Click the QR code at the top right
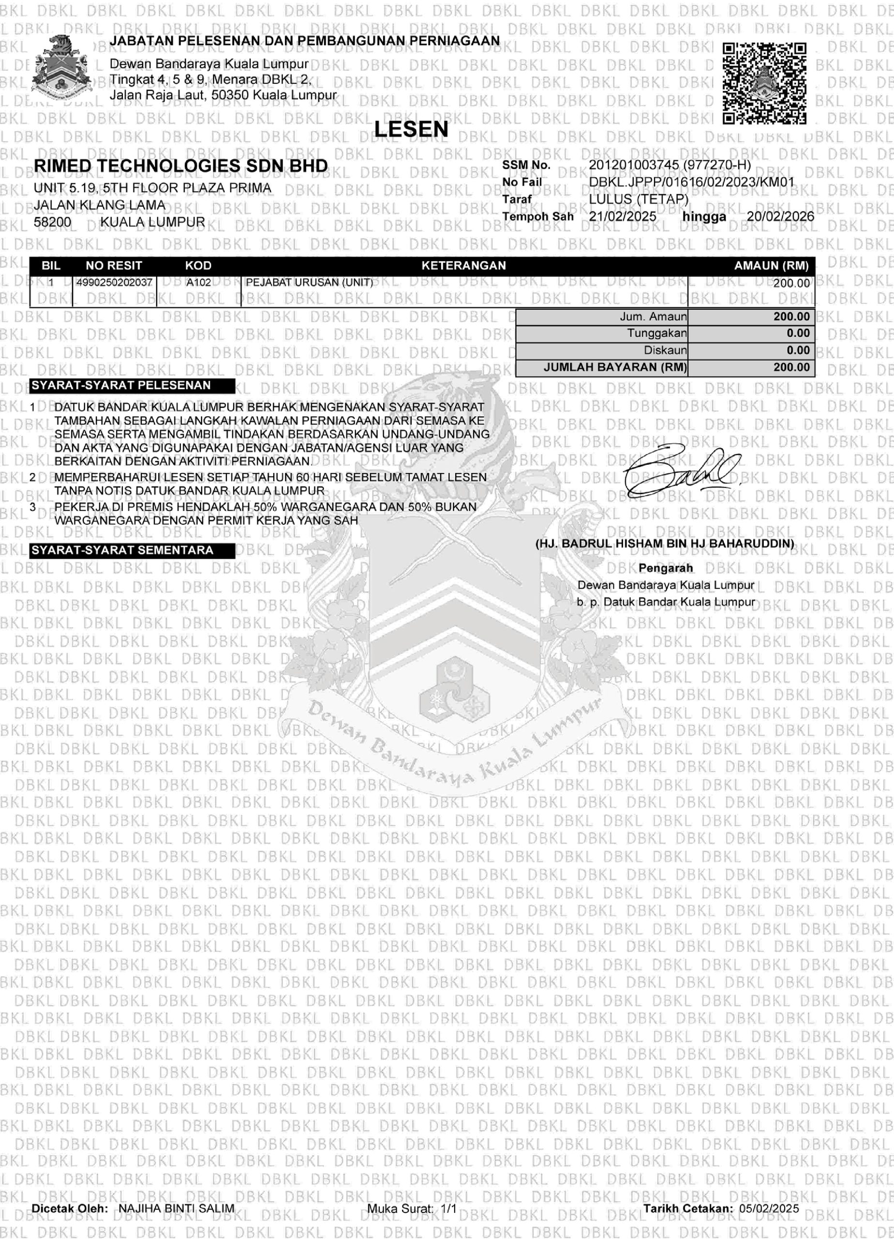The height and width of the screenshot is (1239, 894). coord(764,83)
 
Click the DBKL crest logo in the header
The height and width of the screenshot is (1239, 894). coord(60,68)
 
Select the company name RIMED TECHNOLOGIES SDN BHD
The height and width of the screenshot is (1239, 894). coord(181,166)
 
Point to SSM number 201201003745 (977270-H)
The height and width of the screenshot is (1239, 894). coord(670,165)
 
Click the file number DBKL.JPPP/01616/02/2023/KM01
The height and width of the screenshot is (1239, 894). coord(691,182)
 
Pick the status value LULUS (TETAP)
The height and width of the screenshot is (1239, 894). coord(639,199)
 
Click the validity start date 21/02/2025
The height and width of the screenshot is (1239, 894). coord(623,216)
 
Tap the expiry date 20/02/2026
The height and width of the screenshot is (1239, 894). coord(780,216)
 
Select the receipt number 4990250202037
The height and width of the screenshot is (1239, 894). coord(114,283)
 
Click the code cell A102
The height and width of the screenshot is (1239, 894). coord(198,283)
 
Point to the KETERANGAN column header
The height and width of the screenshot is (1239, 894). coord(463,266)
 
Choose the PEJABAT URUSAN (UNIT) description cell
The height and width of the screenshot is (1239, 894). coord(309,283)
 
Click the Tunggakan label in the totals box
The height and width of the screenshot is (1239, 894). coord(656,333)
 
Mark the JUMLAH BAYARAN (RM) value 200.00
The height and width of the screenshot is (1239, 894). coord(791,367)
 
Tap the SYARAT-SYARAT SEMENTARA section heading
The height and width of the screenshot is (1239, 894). coord(122,550)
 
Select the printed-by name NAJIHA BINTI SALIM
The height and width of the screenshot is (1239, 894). coord(177,1209)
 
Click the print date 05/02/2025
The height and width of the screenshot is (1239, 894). coord(769,1209)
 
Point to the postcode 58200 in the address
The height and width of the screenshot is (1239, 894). coord(52,222)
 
